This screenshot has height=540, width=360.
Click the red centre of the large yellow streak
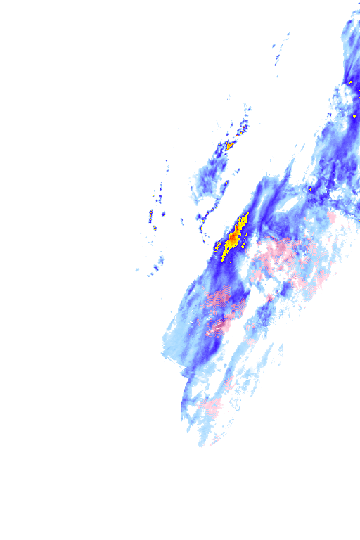(x=232, y=239)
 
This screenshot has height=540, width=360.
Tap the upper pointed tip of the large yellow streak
(x=247, y=214)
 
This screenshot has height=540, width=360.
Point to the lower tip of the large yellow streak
(x=224, y=259)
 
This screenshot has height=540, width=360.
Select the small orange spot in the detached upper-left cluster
(x=229, y=147)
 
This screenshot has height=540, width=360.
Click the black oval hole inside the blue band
(x=288, y=205)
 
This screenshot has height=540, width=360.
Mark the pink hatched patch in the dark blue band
(x=224, y=302)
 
